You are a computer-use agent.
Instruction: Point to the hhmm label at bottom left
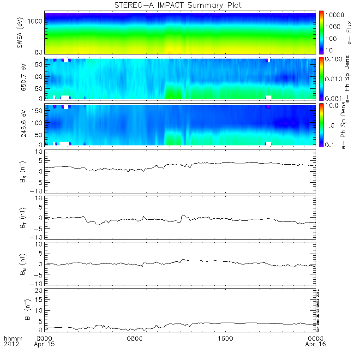[12, 338]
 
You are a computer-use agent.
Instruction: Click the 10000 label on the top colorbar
[336, 15]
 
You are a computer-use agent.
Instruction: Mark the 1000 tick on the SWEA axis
[37, 21]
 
